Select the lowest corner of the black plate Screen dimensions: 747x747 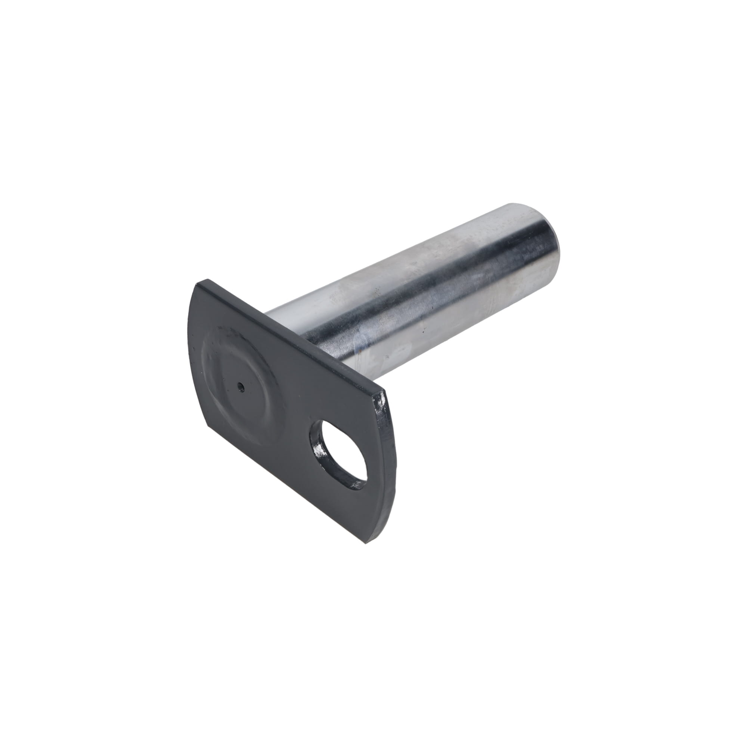click(x=366, y=545)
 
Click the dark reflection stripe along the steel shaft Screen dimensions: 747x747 click(x=444, y=294)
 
